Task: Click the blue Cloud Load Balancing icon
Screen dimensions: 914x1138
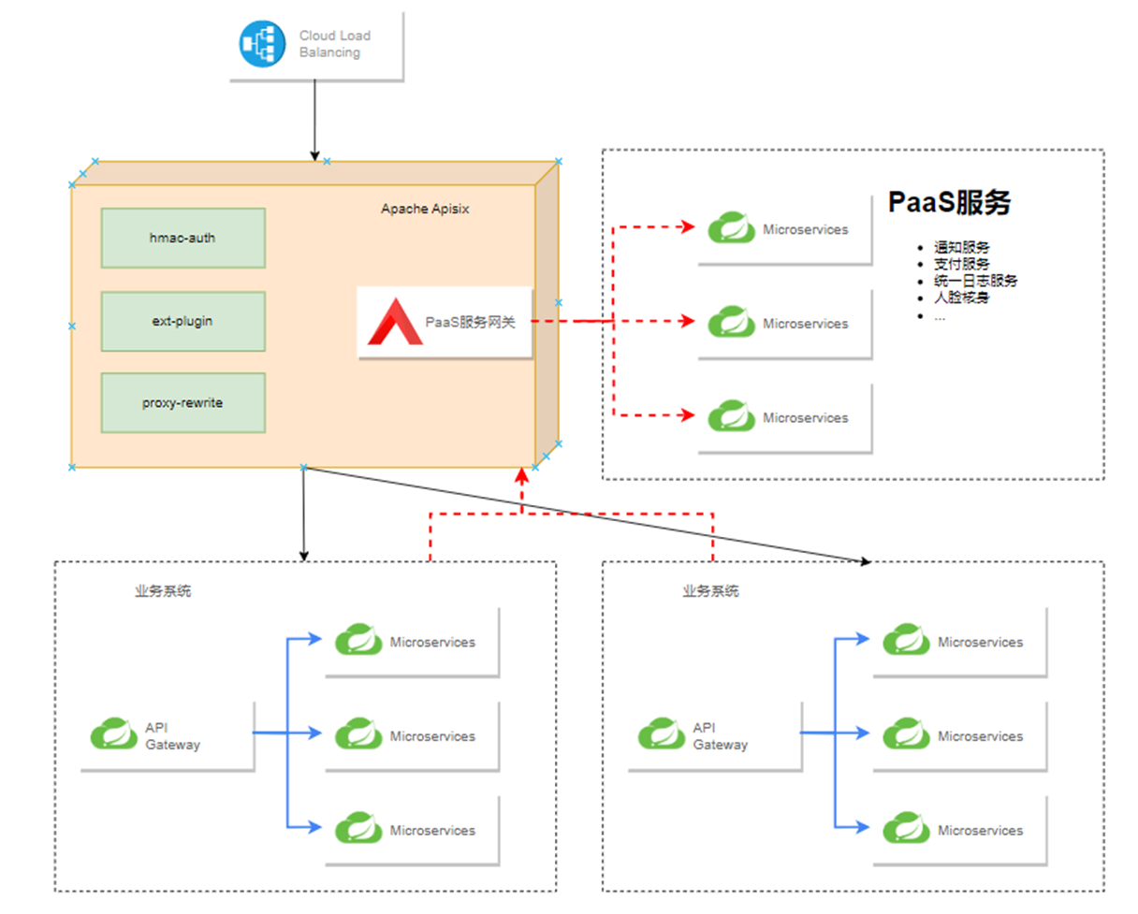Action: tap(261, 44)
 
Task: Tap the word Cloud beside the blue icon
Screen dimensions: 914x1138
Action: tap(314, 36)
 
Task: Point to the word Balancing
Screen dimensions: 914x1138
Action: tap(329, 52)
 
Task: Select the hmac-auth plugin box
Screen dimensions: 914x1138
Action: tap(182, 238)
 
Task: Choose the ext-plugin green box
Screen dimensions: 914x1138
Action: tap(182, 321)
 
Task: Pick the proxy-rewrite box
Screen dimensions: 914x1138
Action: tap(182, 402)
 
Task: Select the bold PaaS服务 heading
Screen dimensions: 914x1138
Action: tap(949, 203)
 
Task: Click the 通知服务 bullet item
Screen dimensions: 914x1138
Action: tap(960, 248)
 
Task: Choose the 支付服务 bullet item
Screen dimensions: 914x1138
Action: tap(960, 265)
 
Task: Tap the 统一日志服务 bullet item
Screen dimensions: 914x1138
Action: tap(975, 282)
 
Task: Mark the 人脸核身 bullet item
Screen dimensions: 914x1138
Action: tap(960, 298)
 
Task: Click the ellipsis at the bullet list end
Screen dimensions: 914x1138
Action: tap(939, 316)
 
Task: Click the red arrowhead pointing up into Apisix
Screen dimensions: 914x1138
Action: tap(522, 476)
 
